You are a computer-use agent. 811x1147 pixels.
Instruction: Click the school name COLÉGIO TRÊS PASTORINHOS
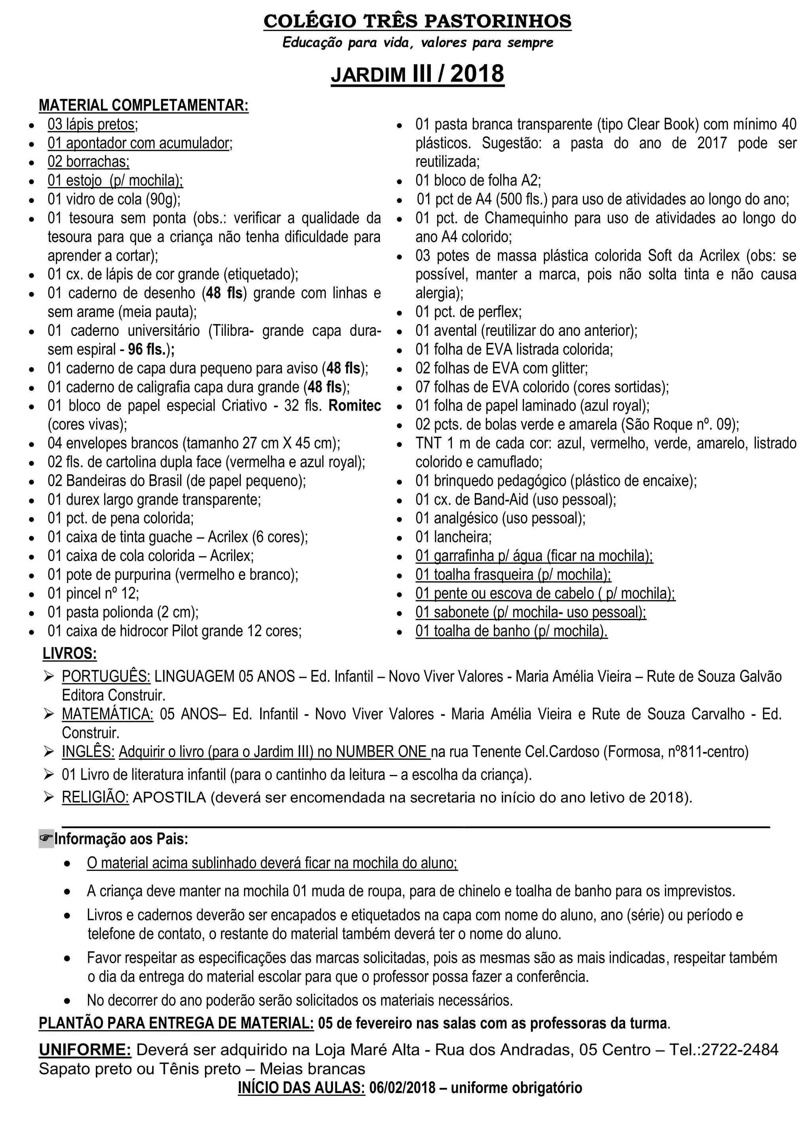pyautogui.click(x=417, y=21)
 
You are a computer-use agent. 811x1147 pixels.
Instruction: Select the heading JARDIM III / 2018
pyautogui.click(x=417, y=74)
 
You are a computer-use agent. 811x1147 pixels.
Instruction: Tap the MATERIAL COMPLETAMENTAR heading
pyautogui.click(x=143, y=105)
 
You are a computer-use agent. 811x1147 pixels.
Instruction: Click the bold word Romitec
pyautogui.click(x=354, y=406)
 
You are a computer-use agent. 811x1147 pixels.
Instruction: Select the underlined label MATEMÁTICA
pyautogui.click(x=107, y=714)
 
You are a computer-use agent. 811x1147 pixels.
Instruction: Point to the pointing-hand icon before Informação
pyautogui.click(x=46, y=839)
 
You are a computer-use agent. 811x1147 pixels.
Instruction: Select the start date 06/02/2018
pyautogui.click(x=402, y=1088)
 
